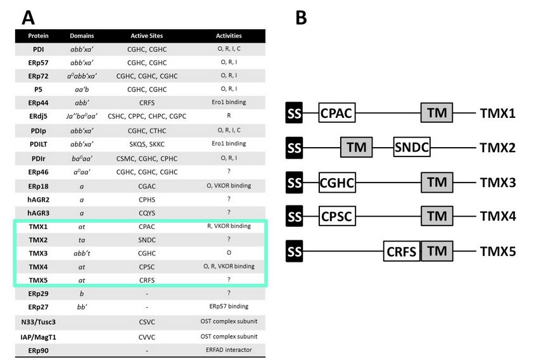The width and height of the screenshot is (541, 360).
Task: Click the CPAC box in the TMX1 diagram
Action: [x=336, y=113]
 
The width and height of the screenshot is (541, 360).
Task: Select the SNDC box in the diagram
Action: [x=412, y=148]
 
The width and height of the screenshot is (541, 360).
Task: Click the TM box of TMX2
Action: [x=357, y=148]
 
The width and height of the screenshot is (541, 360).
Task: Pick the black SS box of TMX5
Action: [x=294, y=251]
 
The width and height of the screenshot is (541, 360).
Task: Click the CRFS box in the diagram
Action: [x=402, y=252]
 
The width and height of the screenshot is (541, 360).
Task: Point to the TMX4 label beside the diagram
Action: [x=497, y=217]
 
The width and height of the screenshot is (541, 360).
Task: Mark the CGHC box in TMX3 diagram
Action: [x=336, y=183]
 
